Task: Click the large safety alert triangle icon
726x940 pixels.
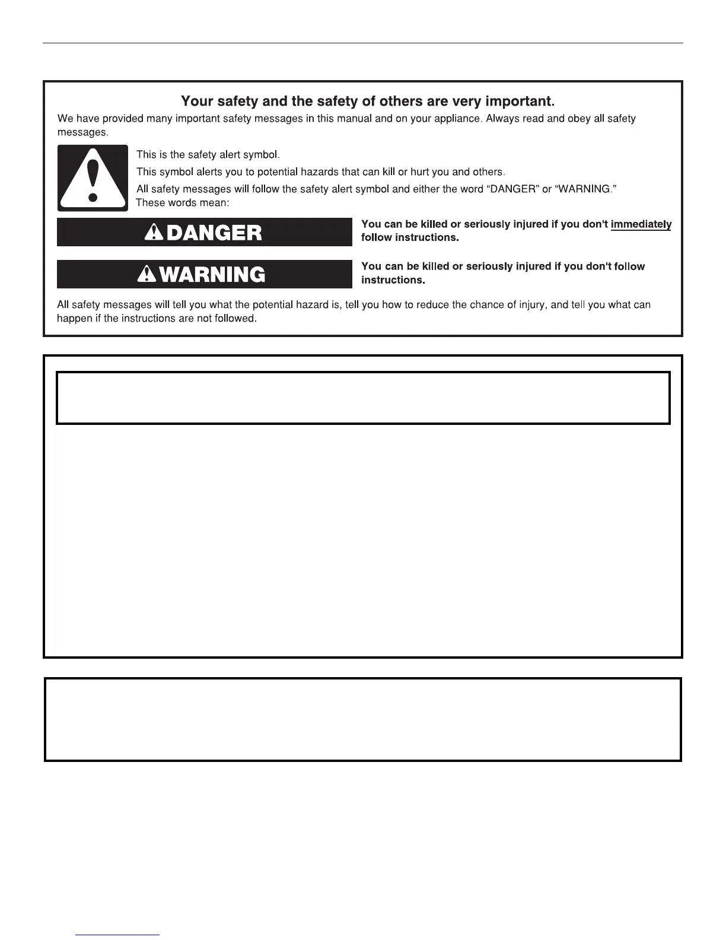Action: coord(93,178)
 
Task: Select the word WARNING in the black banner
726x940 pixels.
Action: coord(212,275)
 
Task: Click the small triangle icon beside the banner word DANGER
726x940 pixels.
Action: coord(154,232)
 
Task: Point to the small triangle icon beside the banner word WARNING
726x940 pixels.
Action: coord(147,274)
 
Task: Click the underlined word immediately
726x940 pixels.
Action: coord(641,224)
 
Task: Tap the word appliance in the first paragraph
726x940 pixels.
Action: coord(457,119)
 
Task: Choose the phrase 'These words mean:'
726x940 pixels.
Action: coord(182,203)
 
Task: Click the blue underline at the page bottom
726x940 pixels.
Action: coord(117,935)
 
